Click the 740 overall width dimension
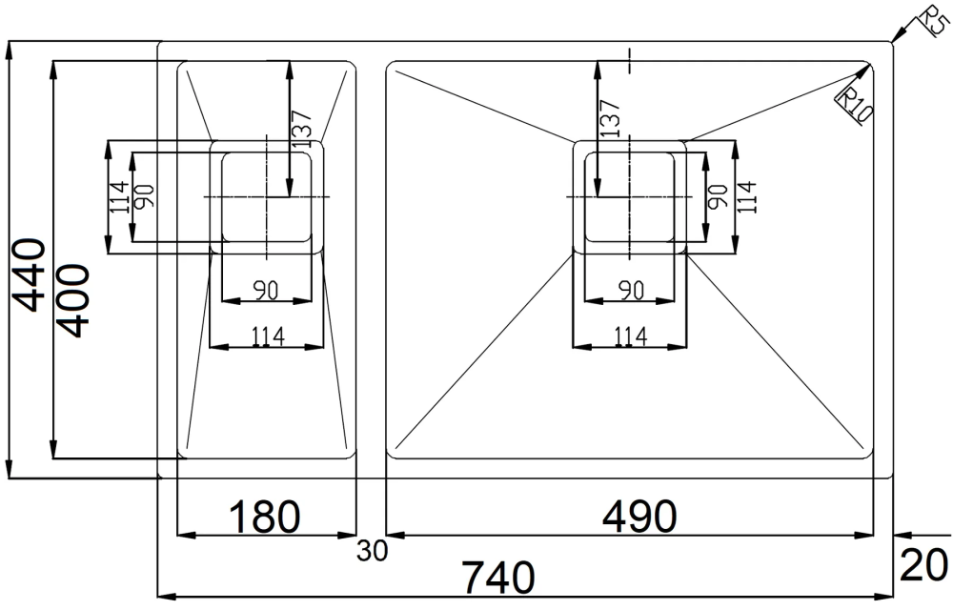pos(498,577)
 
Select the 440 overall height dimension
pos(30,275)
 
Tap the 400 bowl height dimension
pos(75,301)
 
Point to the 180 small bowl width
pos(264,516)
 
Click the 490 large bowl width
pos(639,516)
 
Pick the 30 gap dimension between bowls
pos(372,551)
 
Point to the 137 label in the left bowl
pos(301,129)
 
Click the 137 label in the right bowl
pos(610,117)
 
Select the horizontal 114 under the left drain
pos(268,336)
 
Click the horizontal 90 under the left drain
pos(266,291)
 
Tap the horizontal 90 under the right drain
pos(631,291)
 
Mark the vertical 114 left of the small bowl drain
pos(120,197)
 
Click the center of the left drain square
pos(267,197)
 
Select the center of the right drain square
pos(629,197)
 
